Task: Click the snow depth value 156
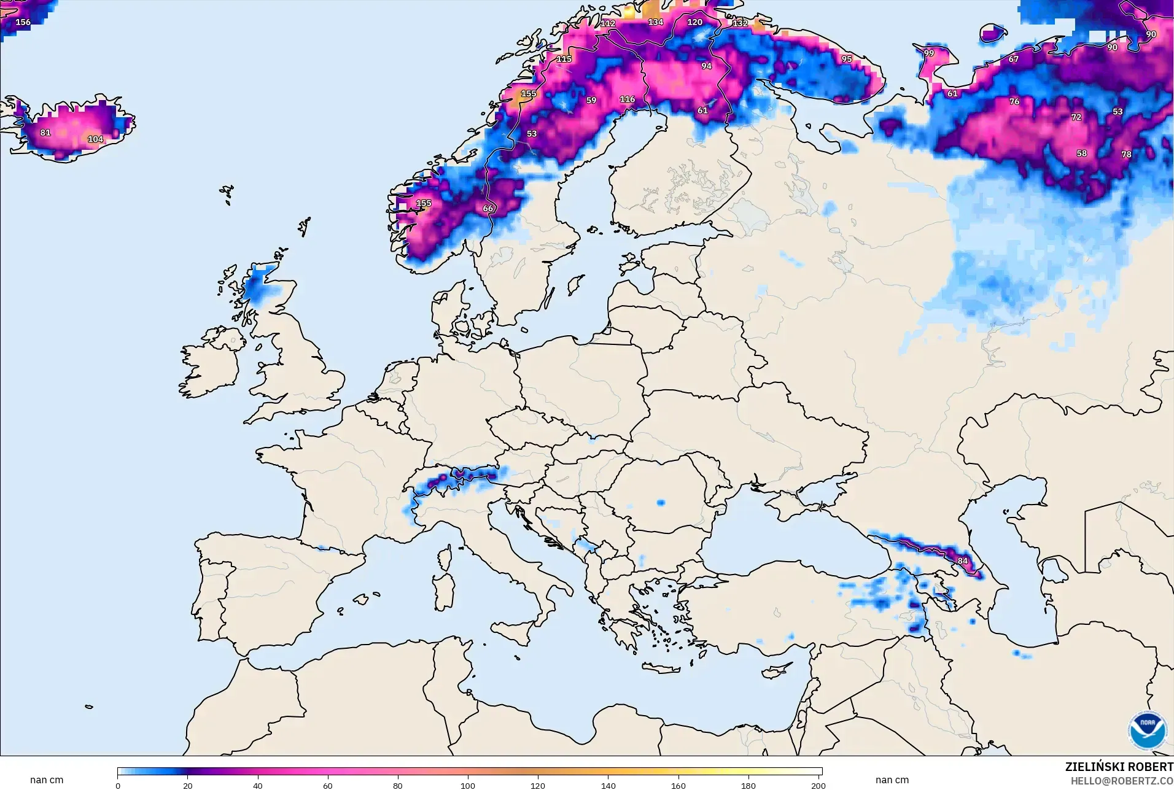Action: (x=23, y=22)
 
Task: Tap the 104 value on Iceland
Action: (x=95, y=139)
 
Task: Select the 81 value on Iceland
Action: (x=45, y=133)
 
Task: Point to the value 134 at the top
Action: (x=655, y=22)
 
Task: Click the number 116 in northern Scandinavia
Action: (x=627, y=99)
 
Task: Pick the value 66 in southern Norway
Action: (x=488, y=208)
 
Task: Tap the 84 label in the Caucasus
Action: (x=962, y=561)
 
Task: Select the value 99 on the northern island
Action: (x=928, y=53)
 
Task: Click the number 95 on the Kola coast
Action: (x=847, y=60)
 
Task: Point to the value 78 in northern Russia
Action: (x=1126, y=155)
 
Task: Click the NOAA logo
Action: (x=1147, y=730)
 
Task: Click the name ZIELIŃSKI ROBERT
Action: (x=1119, y=767)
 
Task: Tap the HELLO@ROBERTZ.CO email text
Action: (x=1122, y=781)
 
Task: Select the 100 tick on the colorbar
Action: (x=468, y=786)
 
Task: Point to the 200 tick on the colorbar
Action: (x=818, y=786)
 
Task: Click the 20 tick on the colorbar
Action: (x=188, y=786)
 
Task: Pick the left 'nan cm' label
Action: (x=47, y=780)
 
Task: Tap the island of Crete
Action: (x=661, y=668)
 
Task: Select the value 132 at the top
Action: (x=740, y=23)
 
